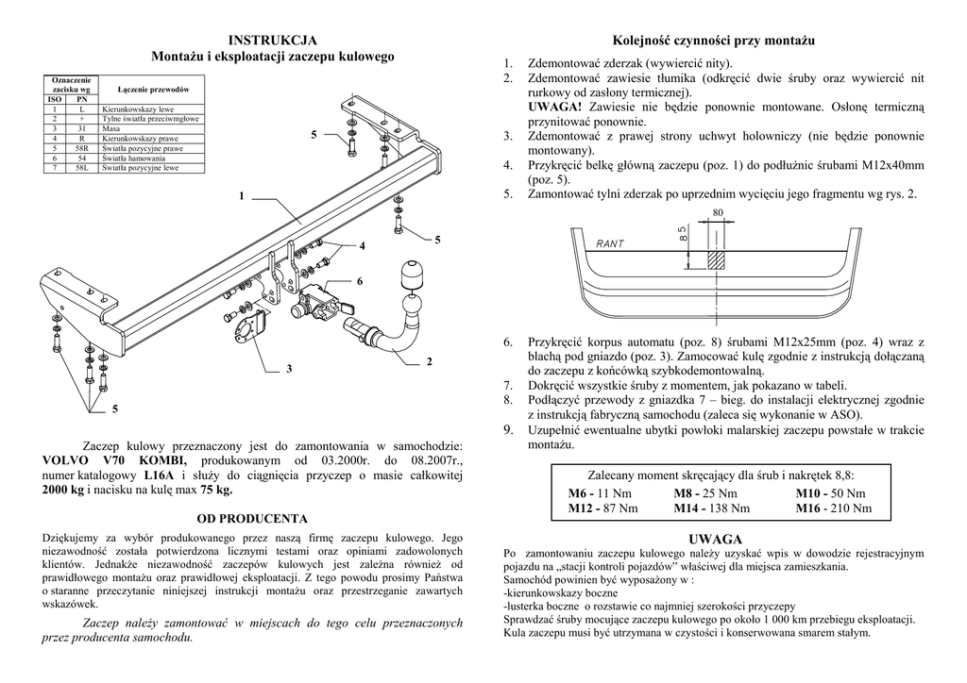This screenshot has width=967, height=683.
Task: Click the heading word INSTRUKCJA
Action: pyautogui.click(x=273, y=41)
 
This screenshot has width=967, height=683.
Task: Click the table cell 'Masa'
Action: pyautogui.click(x=111, y=129)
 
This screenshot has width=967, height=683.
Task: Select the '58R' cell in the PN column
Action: pyautogui.click(x=82, y=148)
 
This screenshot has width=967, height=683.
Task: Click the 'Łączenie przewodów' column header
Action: pyautogui.click(x=153, y=89)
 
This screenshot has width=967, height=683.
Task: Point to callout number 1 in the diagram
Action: pyautogui.click(x=242, y=196)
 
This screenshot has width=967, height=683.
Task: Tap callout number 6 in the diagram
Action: pyautogui.click(x=360, y=281)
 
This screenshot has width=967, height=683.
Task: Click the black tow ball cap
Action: pyautogui.click(x=413, y=273)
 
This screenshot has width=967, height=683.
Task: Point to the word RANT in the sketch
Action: pyautogui.click(x=610, y=244)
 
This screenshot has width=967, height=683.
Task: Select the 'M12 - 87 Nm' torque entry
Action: pyautogui.click(x=602, y=508)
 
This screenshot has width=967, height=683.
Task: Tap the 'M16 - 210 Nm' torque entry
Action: pyautogui.click(x=834, y=508)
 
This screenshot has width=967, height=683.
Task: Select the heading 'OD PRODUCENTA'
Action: pyautogui.click(x=252, y=519)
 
